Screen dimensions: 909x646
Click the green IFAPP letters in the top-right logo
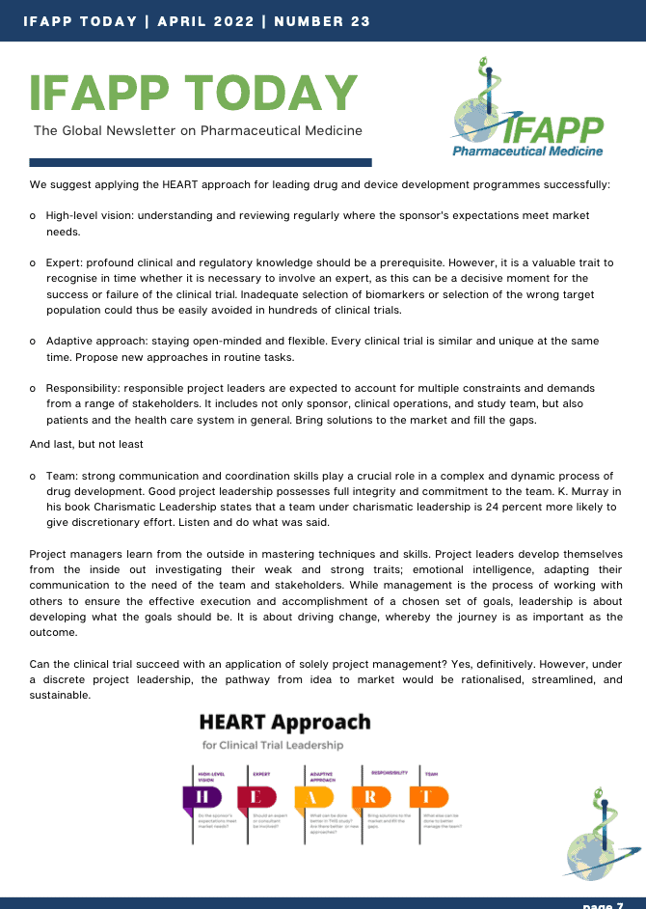553,130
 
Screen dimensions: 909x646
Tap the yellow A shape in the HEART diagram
314,797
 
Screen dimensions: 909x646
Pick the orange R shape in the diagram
371,797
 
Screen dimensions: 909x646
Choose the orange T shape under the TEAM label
428,797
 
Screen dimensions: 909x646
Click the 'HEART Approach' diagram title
284,722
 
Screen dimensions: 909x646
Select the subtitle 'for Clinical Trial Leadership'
273,745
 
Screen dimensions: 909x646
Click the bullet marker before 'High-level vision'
34,216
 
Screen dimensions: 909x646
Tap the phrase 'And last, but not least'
87,444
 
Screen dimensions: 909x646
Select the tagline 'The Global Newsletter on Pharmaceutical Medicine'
198,130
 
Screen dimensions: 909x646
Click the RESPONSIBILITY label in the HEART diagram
389,772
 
